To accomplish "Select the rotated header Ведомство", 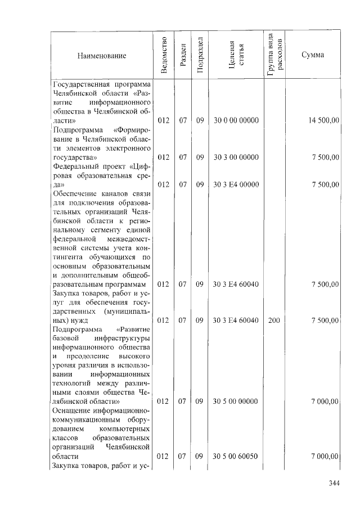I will pos(163,55).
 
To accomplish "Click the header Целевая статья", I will pos(236,55).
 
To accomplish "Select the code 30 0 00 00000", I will pos(236,120).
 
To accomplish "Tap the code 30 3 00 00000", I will pos(236,157).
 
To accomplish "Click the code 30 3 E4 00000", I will pos(236,184).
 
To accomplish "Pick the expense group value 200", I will pos(274,320).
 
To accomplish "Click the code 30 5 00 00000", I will pos(236,402).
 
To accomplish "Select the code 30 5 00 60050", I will pos(236,456).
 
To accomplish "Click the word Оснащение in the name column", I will pos(71,411).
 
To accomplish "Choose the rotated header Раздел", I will pos(182,55).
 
